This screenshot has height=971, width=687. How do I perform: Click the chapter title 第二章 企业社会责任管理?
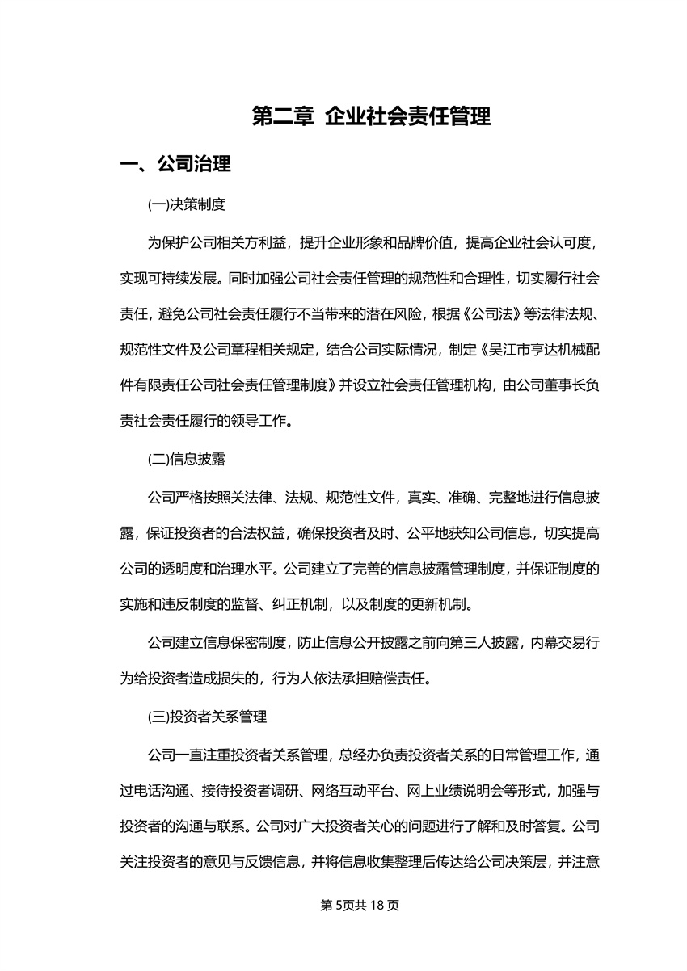pyautogui.click(x=371, y=117)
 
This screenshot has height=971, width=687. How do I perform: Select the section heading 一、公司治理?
pyautogui.click(x=175, y=165)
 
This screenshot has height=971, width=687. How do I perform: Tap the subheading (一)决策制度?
pyautogui.click(x=186, y=205)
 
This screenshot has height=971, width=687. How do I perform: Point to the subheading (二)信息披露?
pyautogui.click(x=186, y=460)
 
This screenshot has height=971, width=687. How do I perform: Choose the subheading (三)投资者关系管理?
pyautogui.click(x=207, y=717)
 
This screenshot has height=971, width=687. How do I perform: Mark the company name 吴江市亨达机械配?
pyautogui.click(x=545, y=351)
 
